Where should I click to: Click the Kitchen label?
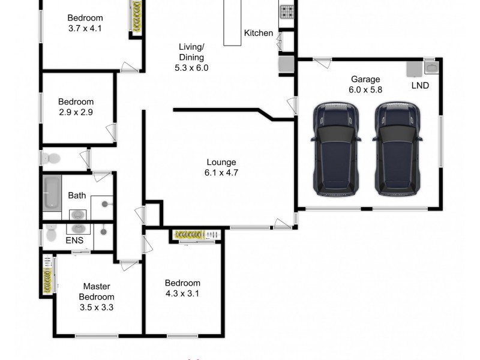pyautogui.click(x=258, y=33)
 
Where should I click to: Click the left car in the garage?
pyautogui.click(x=336, y=149)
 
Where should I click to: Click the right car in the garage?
pyautogui.click(x=397, y=149)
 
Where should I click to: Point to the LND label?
pyautogui.click(x=420, y=85)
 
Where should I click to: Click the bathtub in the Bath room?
pyautogui.click(x=52, y=193)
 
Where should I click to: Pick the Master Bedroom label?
pyautogui.click(x=97, y=292)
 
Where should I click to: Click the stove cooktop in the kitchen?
pyautogui.click(x=287, y=11)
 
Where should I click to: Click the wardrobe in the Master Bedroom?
pyautogui.click(x=47, y=275)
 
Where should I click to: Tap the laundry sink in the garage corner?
pyautogui.click(x=431, y=67)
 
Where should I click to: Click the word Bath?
pyautogui.click(x=77, y=195)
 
